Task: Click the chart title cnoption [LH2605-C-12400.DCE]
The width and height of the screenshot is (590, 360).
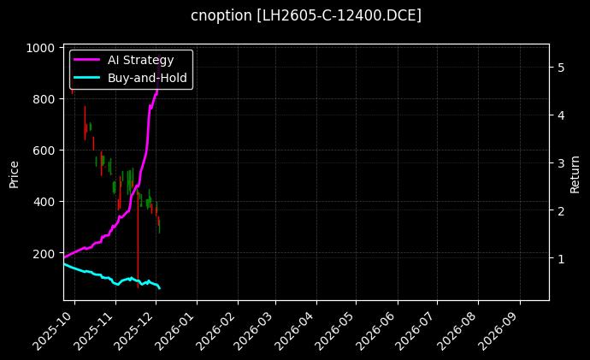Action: pos(305,15)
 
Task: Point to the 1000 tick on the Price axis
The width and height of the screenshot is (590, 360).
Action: pos(43,48)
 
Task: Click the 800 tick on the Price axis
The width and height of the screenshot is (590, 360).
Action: pos(46,99)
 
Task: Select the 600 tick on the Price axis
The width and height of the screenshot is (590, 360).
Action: pos(46,150)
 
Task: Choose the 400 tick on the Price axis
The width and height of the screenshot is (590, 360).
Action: pos(46,202)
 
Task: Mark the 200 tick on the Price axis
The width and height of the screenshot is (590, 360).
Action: pos(46,253)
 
